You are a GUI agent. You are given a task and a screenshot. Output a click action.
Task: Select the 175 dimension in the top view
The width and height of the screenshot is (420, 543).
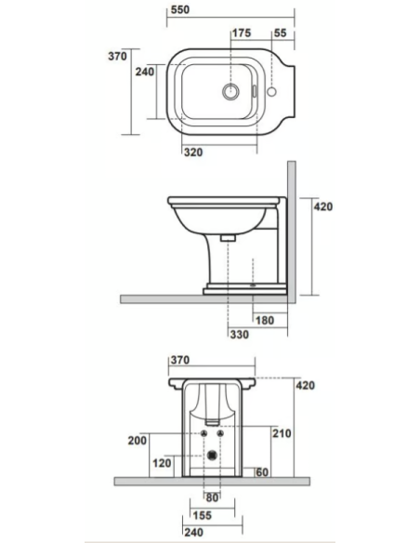coord(242,33)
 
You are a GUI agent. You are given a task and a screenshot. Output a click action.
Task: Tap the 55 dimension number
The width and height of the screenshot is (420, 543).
coord(279,33)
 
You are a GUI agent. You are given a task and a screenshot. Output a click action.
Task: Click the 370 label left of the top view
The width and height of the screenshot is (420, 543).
coord(117,55)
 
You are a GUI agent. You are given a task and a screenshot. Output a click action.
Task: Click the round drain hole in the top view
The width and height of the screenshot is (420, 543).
coord(229,92)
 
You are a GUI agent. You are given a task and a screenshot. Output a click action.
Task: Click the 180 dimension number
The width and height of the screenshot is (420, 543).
coord(265,320)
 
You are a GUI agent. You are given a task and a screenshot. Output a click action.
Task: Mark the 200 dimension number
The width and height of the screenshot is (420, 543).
coord(138,441)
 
